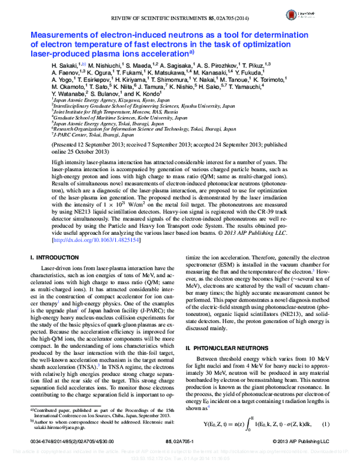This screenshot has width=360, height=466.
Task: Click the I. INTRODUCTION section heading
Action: pyautogui.click(x=55, y=257)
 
